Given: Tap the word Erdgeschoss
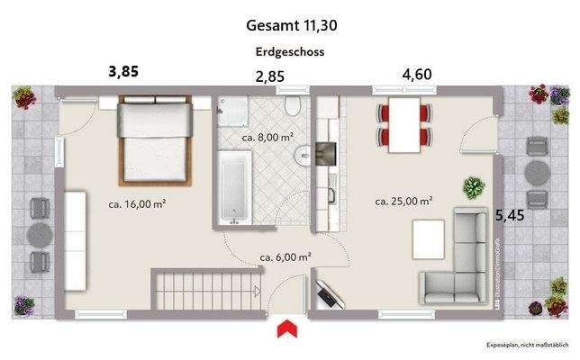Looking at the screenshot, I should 289,52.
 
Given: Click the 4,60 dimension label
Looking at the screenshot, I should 416,74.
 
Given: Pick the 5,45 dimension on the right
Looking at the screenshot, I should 512,215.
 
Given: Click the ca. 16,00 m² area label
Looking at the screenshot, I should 140,204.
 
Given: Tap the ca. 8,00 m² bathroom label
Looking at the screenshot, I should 269,138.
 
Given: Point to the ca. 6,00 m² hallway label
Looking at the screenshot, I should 285,256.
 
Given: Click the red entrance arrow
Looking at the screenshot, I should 287,328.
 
